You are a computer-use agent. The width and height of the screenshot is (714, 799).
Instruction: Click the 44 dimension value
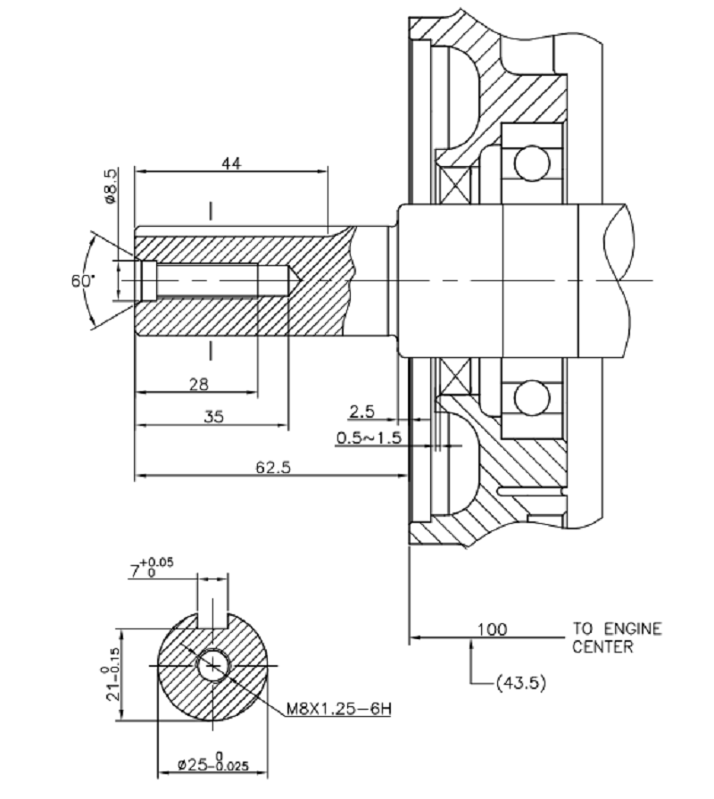(x=232, y=162)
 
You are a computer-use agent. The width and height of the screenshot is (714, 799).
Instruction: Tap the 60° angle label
(x=82, y=280)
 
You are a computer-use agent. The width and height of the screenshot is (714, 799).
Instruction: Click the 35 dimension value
(x=212, y=415)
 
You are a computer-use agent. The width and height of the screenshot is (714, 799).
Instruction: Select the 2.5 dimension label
(x=361, y=411)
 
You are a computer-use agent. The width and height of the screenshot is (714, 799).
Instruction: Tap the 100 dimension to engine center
(x=492, y=629)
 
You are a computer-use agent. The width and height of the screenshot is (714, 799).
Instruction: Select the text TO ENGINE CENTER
(x=617, y=637)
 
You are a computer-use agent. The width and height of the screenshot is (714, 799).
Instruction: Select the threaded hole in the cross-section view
(x=213, y=665)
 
